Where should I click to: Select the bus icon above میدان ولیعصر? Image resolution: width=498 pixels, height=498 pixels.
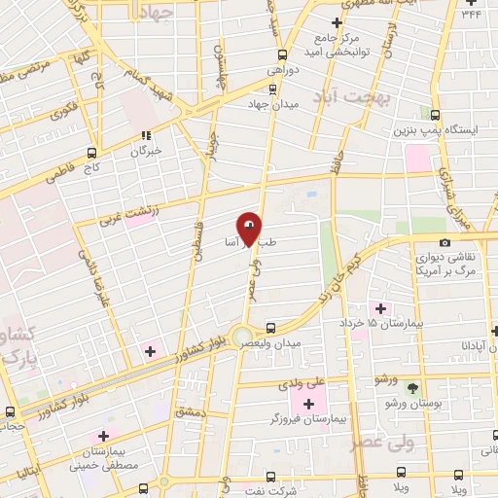271,329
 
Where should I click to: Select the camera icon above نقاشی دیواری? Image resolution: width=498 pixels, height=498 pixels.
445,243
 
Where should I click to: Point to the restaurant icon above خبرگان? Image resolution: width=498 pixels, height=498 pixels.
146,135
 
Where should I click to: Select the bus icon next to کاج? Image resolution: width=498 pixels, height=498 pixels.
92,154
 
